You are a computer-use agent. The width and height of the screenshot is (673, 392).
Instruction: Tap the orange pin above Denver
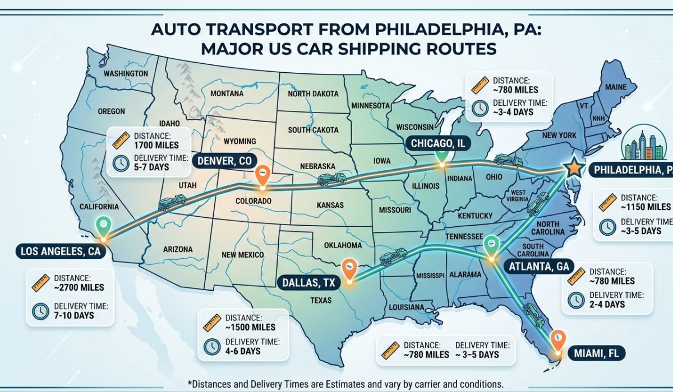coord(261,174)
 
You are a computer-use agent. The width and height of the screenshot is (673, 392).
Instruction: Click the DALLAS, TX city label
coord(307,283)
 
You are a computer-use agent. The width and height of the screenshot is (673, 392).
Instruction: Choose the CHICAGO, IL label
coord(438,144)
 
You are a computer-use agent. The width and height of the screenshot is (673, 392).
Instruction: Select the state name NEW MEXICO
coord(242,255)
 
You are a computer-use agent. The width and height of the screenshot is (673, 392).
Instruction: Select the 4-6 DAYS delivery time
coord(242,351)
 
